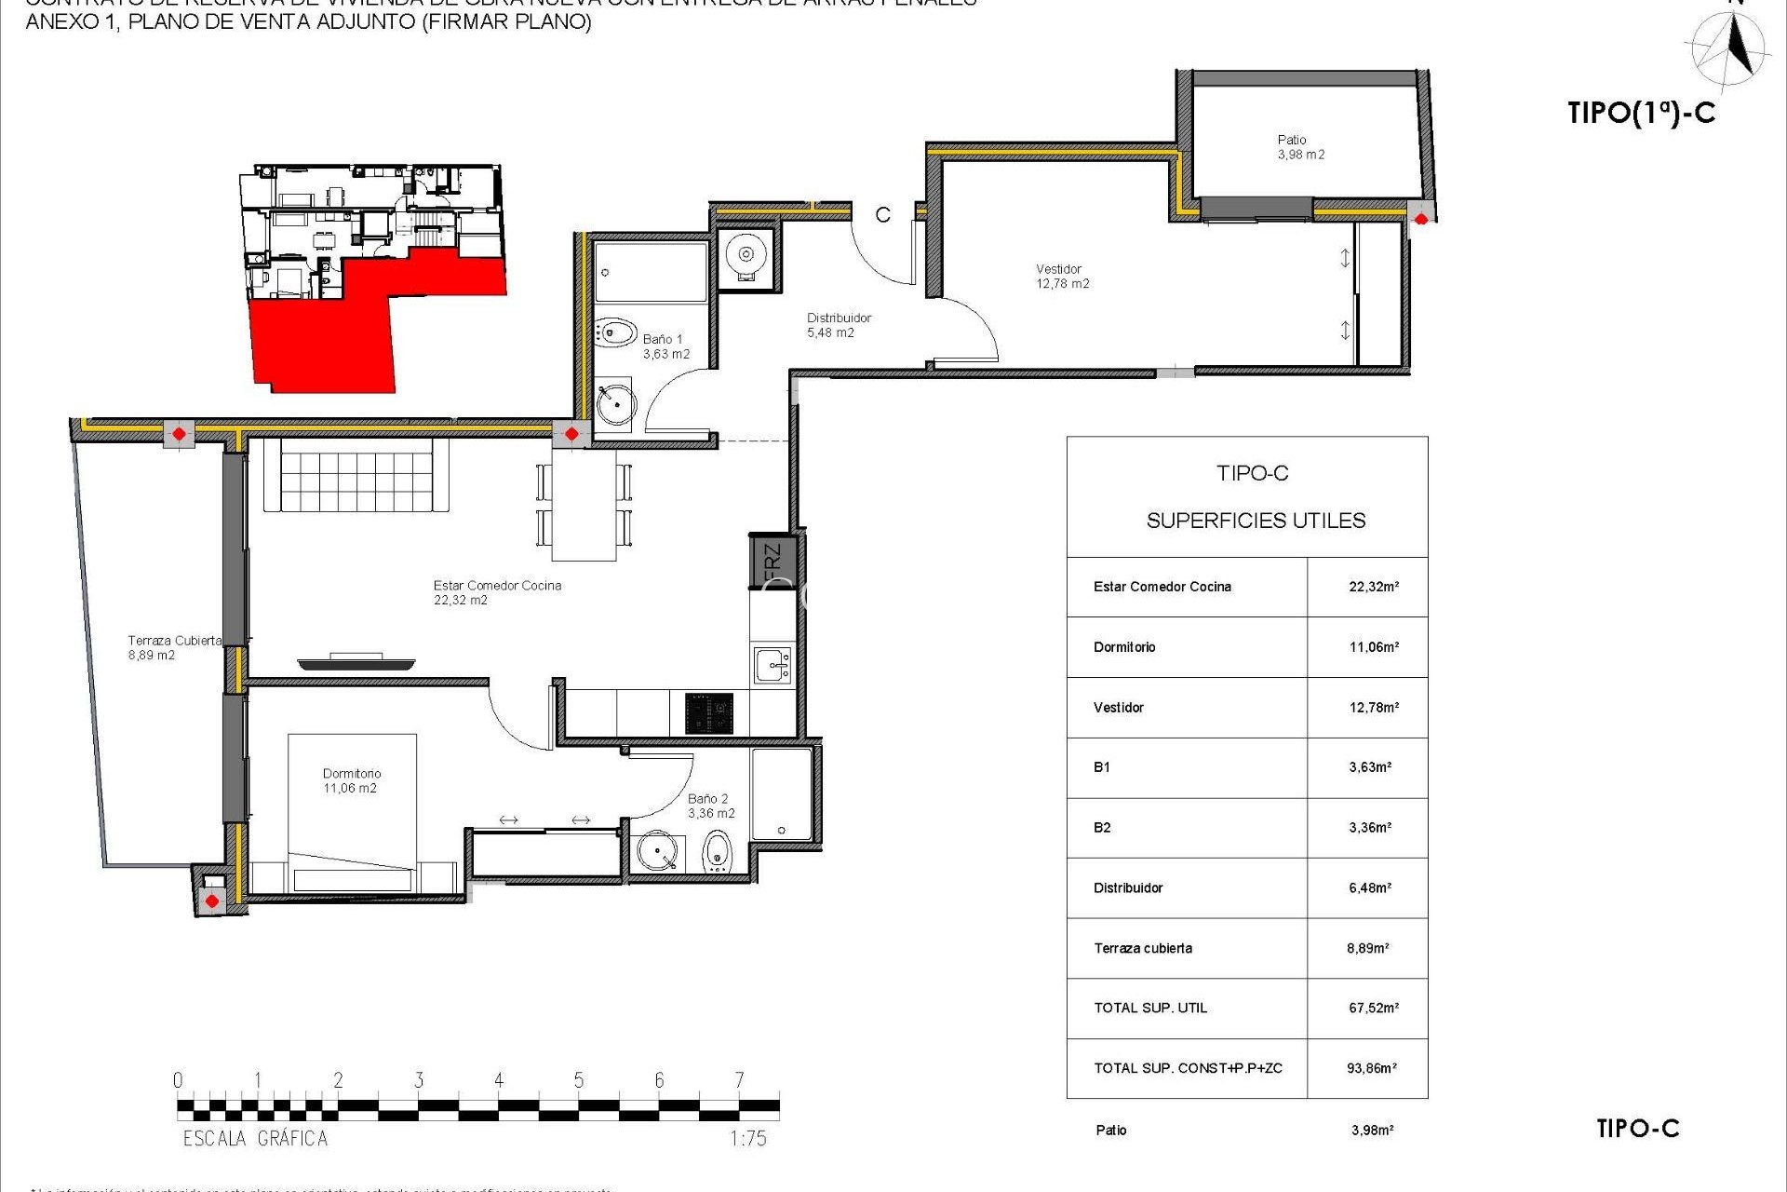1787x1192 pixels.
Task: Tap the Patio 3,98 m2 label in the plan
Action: pyautogui.click(x=1300, y=147)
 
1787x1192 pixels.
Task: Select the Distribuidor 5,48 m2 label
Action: pyautogui.click(x=838, y=325)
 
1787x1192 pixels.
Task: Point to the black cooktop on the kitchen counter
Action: pyautogui.click(x=709, y=713)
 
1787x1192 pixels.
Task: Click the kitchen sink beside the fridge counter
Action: pyautogui.click(x=773, y=666)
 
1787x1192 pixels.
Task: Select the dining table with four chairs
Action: pyautogui.click(x=584, y=506)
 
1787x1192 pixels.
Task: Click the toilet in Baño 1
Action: pyautogui.click(x=614, y=332)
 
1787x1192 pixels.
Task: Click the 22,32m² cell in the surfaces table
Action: pyautogui.click(x=1373, y=587)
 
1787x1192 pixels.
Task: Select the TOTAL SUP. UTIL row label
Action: pyautogui.click(x=1150, y=1008)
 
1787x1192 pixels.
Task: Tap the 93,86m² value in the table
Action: pyautogui.click(x=1371, y=1068)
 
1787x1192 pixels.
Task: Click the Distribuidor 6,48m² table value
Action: pyautogui.click(x=1369, y=887)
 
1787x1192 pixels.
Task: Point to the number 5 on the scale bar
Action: pyautogui.click(x=579, y=1080)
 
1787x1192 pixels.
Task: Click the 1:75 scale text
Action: pyautogui.click(x=747, y=1138)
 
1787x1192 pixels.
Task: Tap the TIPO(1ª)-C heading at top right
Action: pyautogui.click(x=1641, y=113)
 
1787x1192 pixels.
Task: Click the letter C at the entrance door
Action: pyautogui.click(x=882, y=215)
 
